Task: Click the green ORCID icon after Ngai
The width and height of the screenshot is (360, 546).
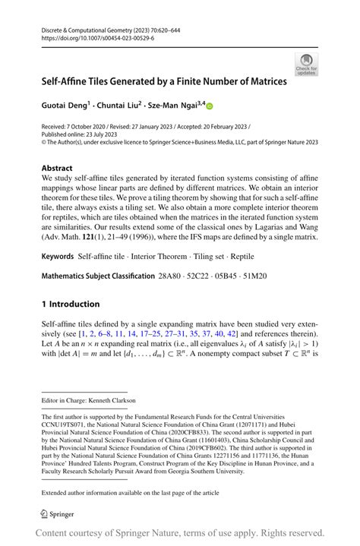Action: point(210,106)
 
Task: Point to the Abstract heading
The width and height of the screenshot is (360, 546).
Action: point(57,168)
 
